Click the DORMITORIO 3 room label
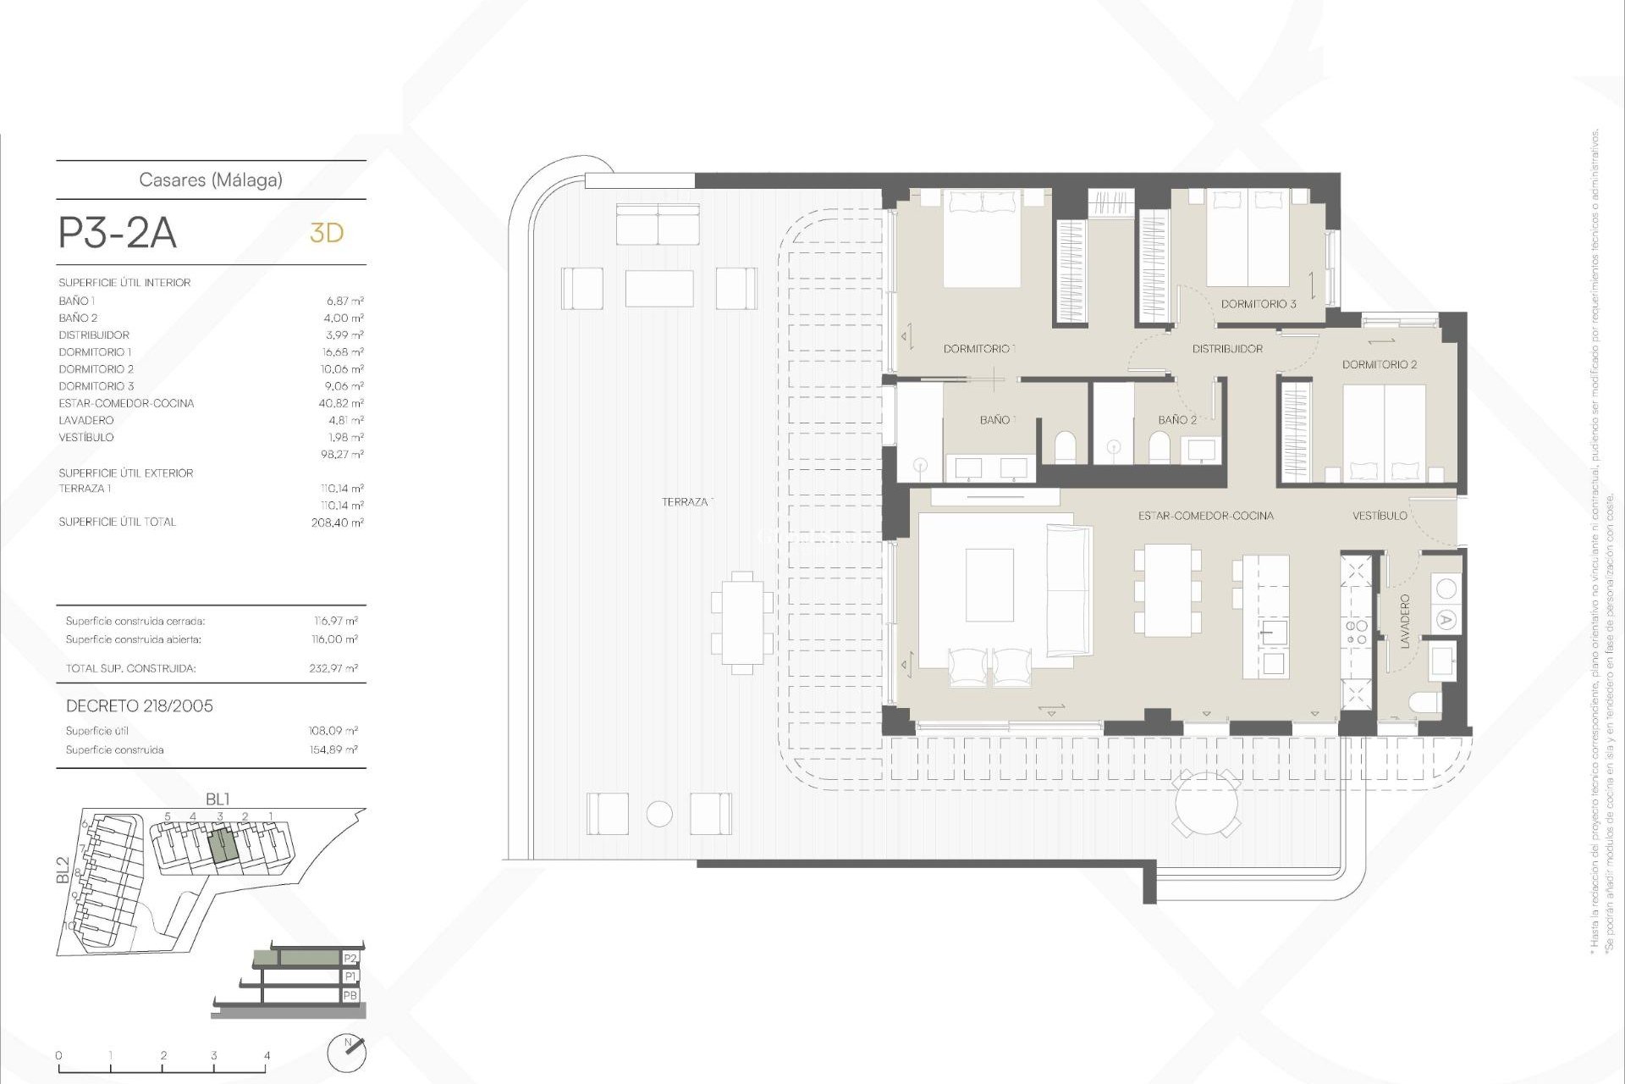click(1258, 304)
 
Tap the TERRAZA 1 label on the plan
click(687, 502)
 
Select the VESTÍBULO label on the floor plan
click(1380, 516)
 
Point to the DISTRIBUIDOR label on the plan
click(1227, 349)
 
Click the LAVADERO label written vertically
click(1405, 622)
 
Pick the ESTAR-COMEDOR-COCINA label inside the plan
click(1205, 516)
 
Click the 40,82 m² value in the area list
click(341, 403)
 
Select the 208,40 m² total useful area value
click(337, 523)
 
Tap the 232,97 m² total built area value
click(333, 668)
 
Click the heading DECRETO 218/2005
click(140, 706)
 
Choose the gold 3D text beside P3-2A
click(327, 233)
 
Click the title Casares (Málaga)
click(211, 180)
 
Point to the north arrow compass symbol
click(347, 1053)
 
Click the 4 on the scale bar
click(267, 1056)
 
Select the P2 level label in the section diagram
click(350, 959)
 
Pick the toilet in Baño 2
click(1159, 448)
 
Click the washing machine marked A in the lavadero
click(1446, 620)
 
